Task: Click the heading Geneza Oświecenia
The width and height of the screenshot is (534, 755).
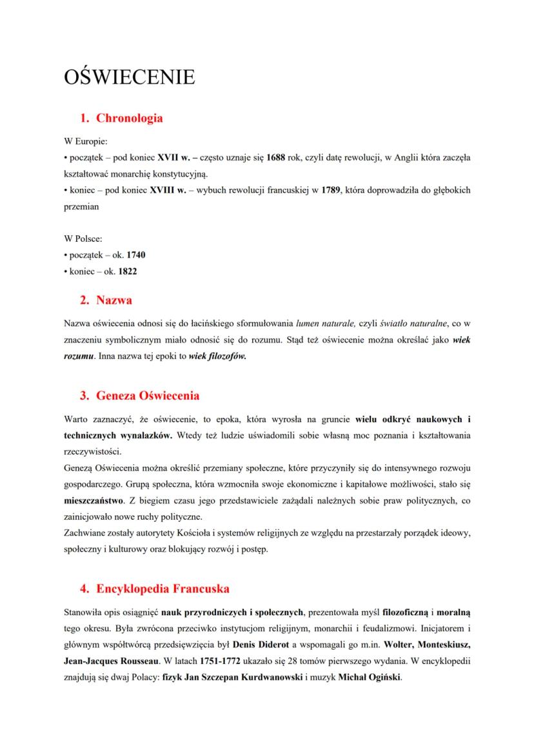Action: (148, 395)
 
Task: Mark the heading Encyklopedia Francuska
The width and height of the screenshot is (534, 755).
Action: (163, 589)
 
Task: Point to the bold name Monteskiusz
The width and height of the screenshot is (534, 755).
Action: (445, 644)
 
